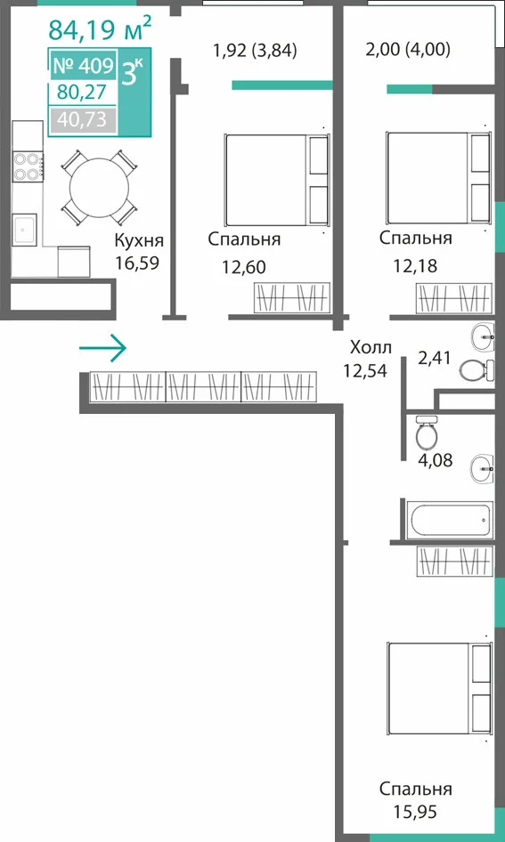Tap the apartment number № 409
pyautogui.click(x=83, y=66)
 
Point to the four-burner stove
pyautogui.click(x=28, y=166)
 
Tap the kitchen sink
pyautogui.click(x=24, y=230)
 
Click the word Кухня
pyautogui.click(x=139, y=241)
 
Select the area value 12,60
pyautogui.click(x=244, y=266)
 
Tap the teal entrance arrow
pyautogui.click(x=102, y=349)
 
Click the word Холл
pyautogui.click(x=371, y=347)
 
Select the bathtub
pyautogui.click(x=449, y=520)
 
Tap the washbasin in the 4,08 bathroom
pyautogui.click(x=482, y=469)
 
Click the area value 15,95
pyautogui.click(x=415, y=811)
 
